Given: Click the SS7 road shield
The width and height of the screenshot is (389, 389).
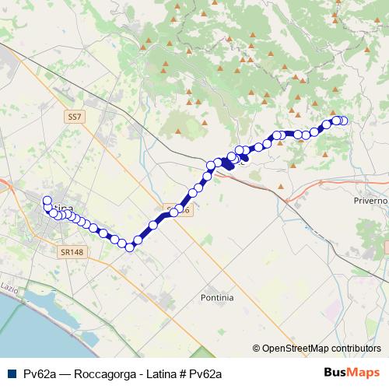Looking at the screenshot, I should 74,116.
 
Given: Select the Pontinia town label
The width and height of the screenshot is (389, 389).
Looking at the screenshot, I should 217,297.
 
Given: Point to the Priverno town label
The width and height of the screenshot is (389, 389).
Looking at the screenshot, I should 370,200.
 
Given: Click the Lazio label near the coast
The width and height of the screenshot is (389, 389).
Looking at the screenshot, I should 9,286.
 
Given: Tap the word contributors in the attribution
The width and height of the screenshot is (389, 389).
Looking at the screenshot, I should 356,349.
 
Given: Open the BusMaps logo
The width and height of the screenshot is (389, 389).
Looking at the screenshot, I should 352,373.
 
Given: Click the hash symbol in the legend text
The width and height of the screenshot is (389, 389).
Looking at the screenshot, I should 183,373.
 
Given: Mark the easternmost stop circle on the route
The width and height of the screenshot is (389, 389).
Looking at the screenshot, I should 343,121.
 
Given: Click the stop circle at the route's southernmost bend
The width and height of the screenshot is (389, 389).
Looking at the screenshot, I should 131,247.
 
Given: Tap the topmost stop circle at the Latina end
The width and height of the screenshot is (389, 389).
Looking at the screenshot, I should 47,199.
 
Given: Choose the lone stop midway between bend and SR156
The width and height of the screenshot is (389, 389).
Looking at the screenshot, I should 154,225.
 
